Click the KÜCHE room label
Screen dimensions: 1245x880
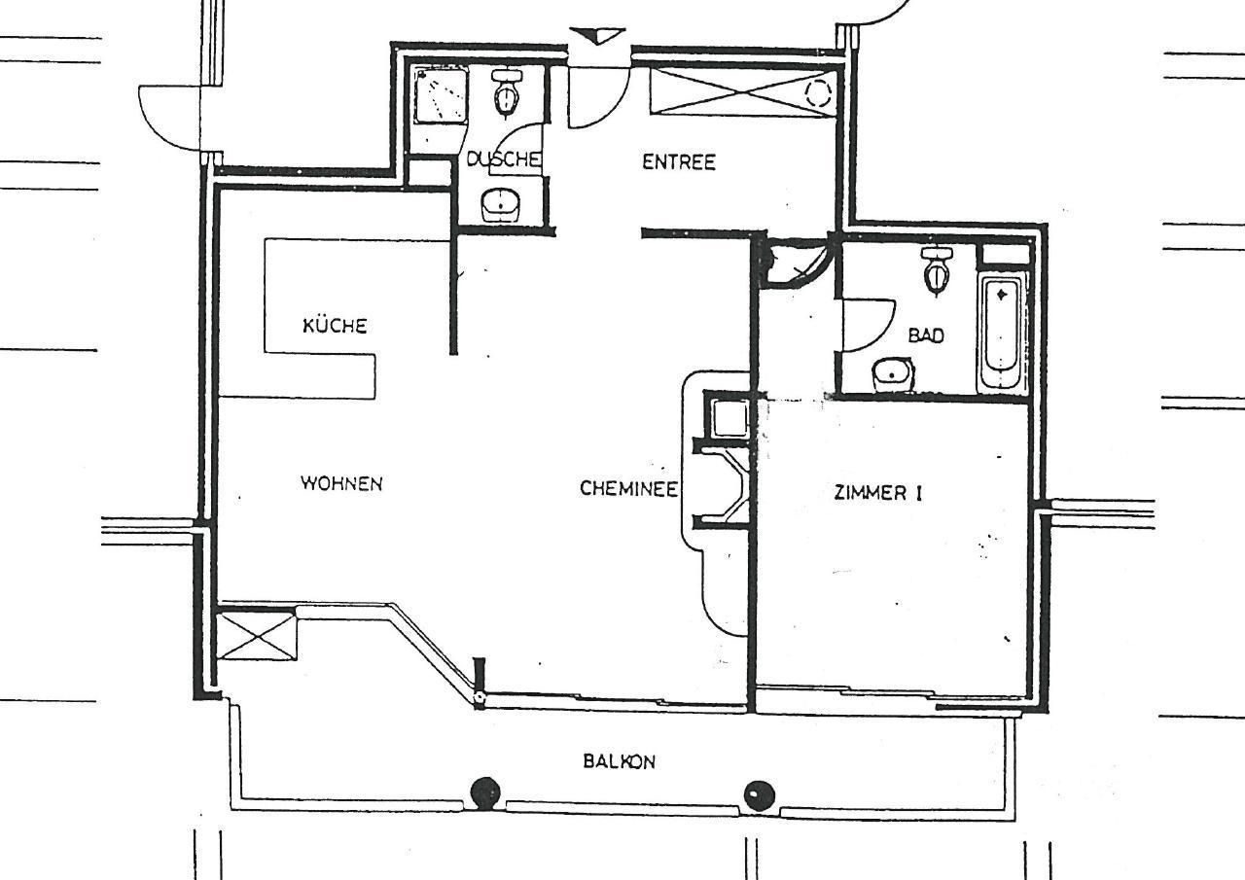tap(335, 325)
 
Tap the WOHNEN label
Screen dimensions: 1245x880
tap(341, 482)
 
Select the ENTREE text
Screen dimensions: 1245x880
tap(679, 162)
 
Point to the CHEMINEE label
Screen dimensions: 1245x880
tap(628, 488)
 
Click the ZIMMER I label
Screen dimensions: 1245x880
tap(878, 493)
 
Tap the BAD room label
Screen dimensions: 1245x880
tap(926, 335)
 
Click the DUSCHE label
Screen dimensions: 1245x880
tap(503, 159)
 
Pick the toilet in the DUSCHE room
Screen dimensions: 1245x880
tap(507, 93)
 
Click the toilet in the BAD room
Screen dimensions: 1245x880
tap(936, 270)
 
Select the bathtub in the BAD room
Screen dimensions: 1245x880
tap(1001, 334)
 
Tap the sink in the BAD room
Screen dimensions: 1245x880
tap(893, 375)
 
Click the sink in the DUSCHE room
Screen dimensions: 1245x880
tap(501, 205)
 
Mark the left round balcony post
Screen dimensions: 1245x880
tap(485, 792)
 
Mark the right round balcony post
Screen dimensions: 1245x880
tap(760, 795)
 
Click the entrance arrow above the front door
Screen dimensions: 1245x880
tap(597, 36)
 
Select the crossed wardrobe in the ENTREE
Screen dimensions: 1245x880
tap(742, 90)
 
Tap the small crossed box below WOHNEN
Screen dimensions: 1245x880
tap(256, 636)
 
